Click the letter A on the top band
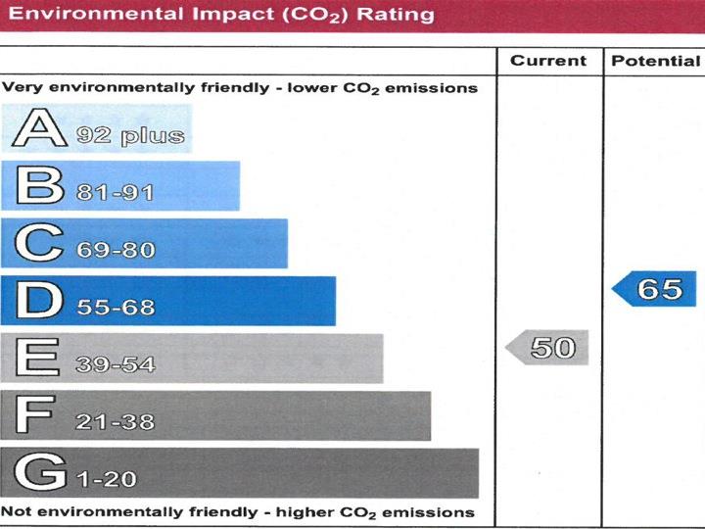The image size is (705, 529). [x=35, y=130]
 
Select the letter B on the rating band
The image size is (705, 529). [x=35, y=187]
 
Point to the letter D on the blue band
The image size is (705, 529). [x=36, y=301]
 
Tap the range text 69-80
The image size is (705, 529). [x=115, y=250]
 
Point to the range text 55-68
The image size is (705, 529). [x=115, y=308]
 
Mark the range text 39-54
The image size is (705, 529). [x=115, y=365]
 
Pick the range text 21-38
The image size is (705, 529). [x=115, y=422]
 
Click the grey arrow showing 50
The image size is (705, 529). [x=548, y=347]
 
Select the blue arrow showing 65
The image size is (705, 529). [x=656, y=289]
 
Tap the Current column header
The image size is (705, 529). [x=548, y=61]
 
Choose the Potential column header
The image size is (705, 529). [x=655, y=61]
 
